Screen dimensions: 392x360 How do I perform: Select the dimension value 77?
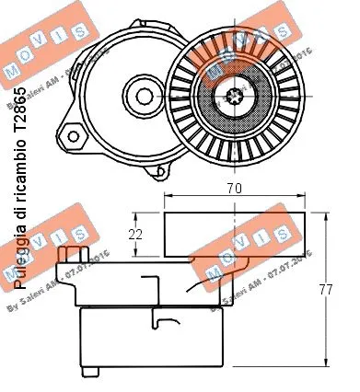pos(347,289)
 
